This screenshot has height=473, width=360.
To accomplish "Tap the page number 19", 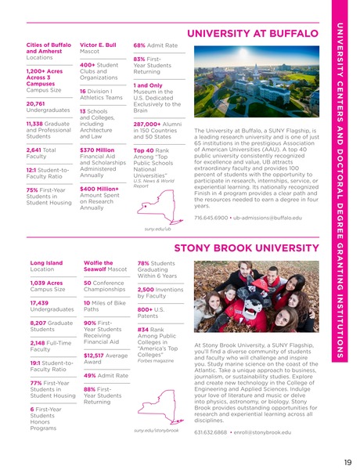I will tap(346, 461).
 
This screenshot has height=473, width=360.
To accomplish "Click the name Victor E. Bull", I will tap(98, 45).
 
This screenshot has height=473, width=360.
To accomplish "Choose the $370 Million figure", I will tap(97, 150).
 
